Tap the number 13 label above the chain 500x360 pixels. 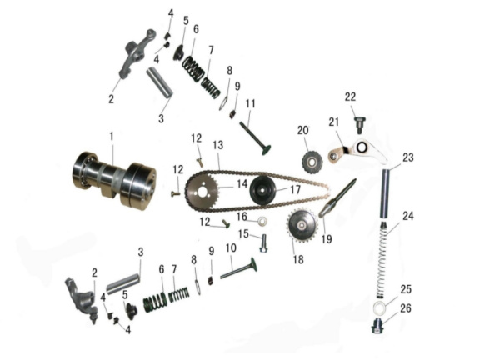pyautogui.click(x=218, y=145)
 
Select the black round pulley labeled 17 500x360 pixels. pyautogui.click(x=263, y=190)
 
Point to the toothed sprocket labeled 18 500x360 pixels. pyautogui.click(x=302, y=226)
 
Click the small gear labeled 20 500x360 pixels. pyautogui.click(x=312, y=162)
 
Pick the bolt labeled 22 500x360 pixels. pyautogui.click(x=360, y=125)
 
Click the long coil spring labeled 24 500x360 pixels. pyautogui.click(x=381, y=257)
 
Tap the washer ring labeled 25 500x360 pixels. pyautogui.click(x=380, y=307)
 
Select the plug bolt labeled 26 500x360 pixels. pyautogui.click(x=377, y=326)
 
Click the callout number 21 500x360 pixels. pyautogui.click(x=334, y=122)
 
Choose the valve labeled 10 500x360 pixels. pyautogui.click(x=238, y=268)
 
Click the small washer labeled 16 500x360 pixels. pyautogui.click(x=262, y=220)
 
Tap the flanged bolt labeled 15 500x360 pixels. pyautogui.click(x=263, y=243)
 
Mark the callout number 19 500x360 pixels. pyautogui.click(x=327, y=239)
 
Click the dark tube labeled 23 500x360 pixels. pyautogui.click(x=386, y=193)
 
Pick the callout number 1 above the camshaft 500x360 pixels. pyautogui.click(x=112, y=136)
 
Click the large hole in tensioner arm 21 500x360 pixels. pyautogui.click(x=362, y=147)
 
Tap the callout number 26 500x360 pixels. pyautogui.click(x=406, y=308)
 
